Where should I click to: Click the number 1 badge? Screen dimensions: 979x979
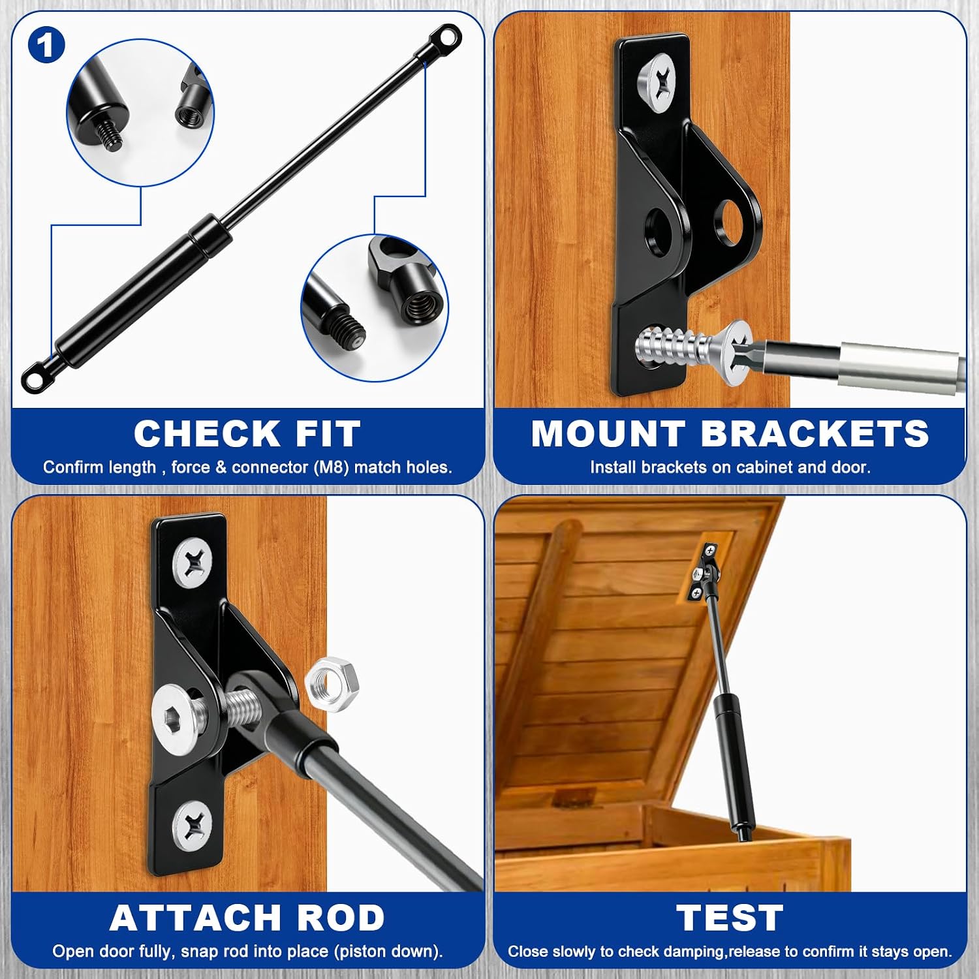[46, 46]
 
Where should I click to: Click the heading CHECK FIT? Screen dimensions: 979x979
[247, 433]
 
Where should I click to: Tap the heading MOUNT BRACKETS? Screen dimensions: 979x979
[730, 433]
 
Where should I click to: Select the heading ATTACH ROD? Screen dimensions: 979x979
[247, 918]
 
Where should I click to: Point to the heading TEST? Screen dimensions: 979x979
[730, 918]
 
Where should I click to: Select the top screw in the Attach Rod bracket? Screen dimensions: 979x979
[193, 563]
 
